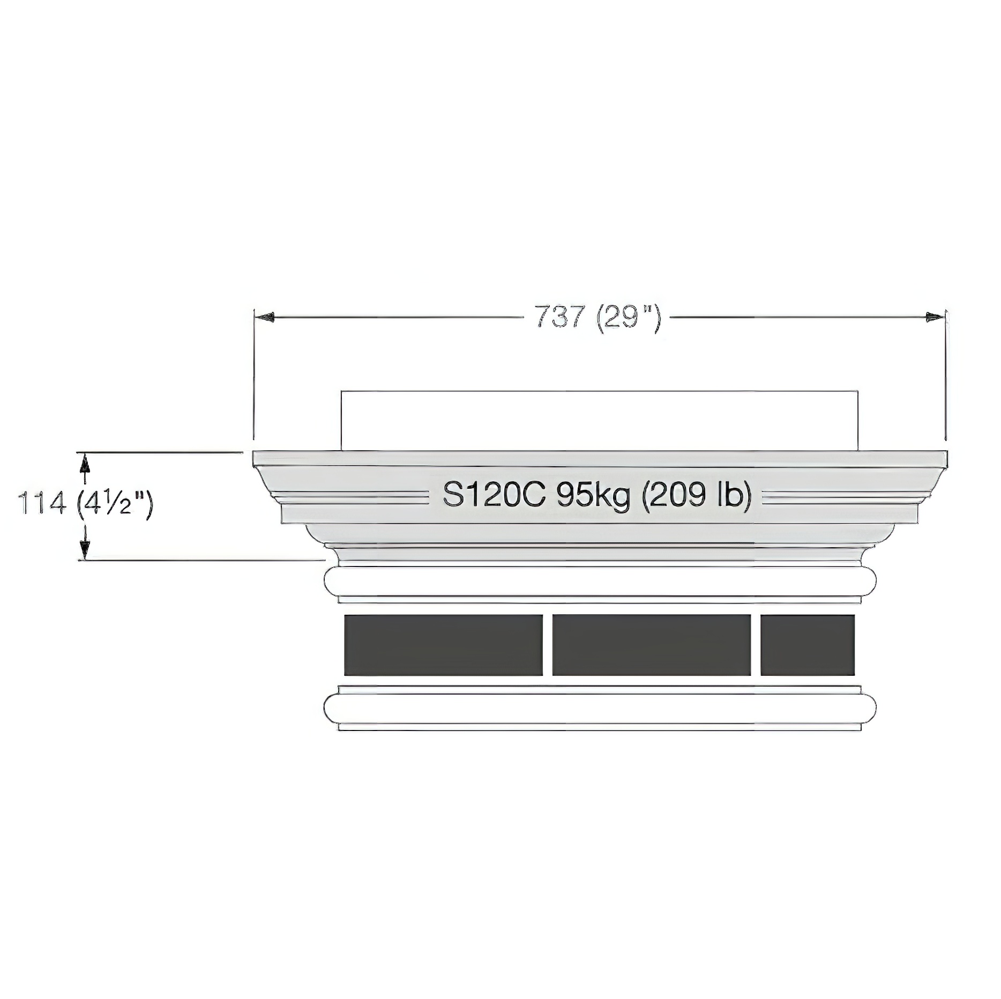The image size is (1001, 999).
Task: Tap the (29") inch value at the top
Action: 628,319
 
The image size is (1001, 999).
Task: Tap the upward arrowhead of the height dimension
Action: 84,464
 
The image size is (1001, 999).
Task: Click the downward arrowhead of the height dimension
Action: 84,549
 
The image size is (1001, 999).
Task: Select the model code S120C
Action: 494,495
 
